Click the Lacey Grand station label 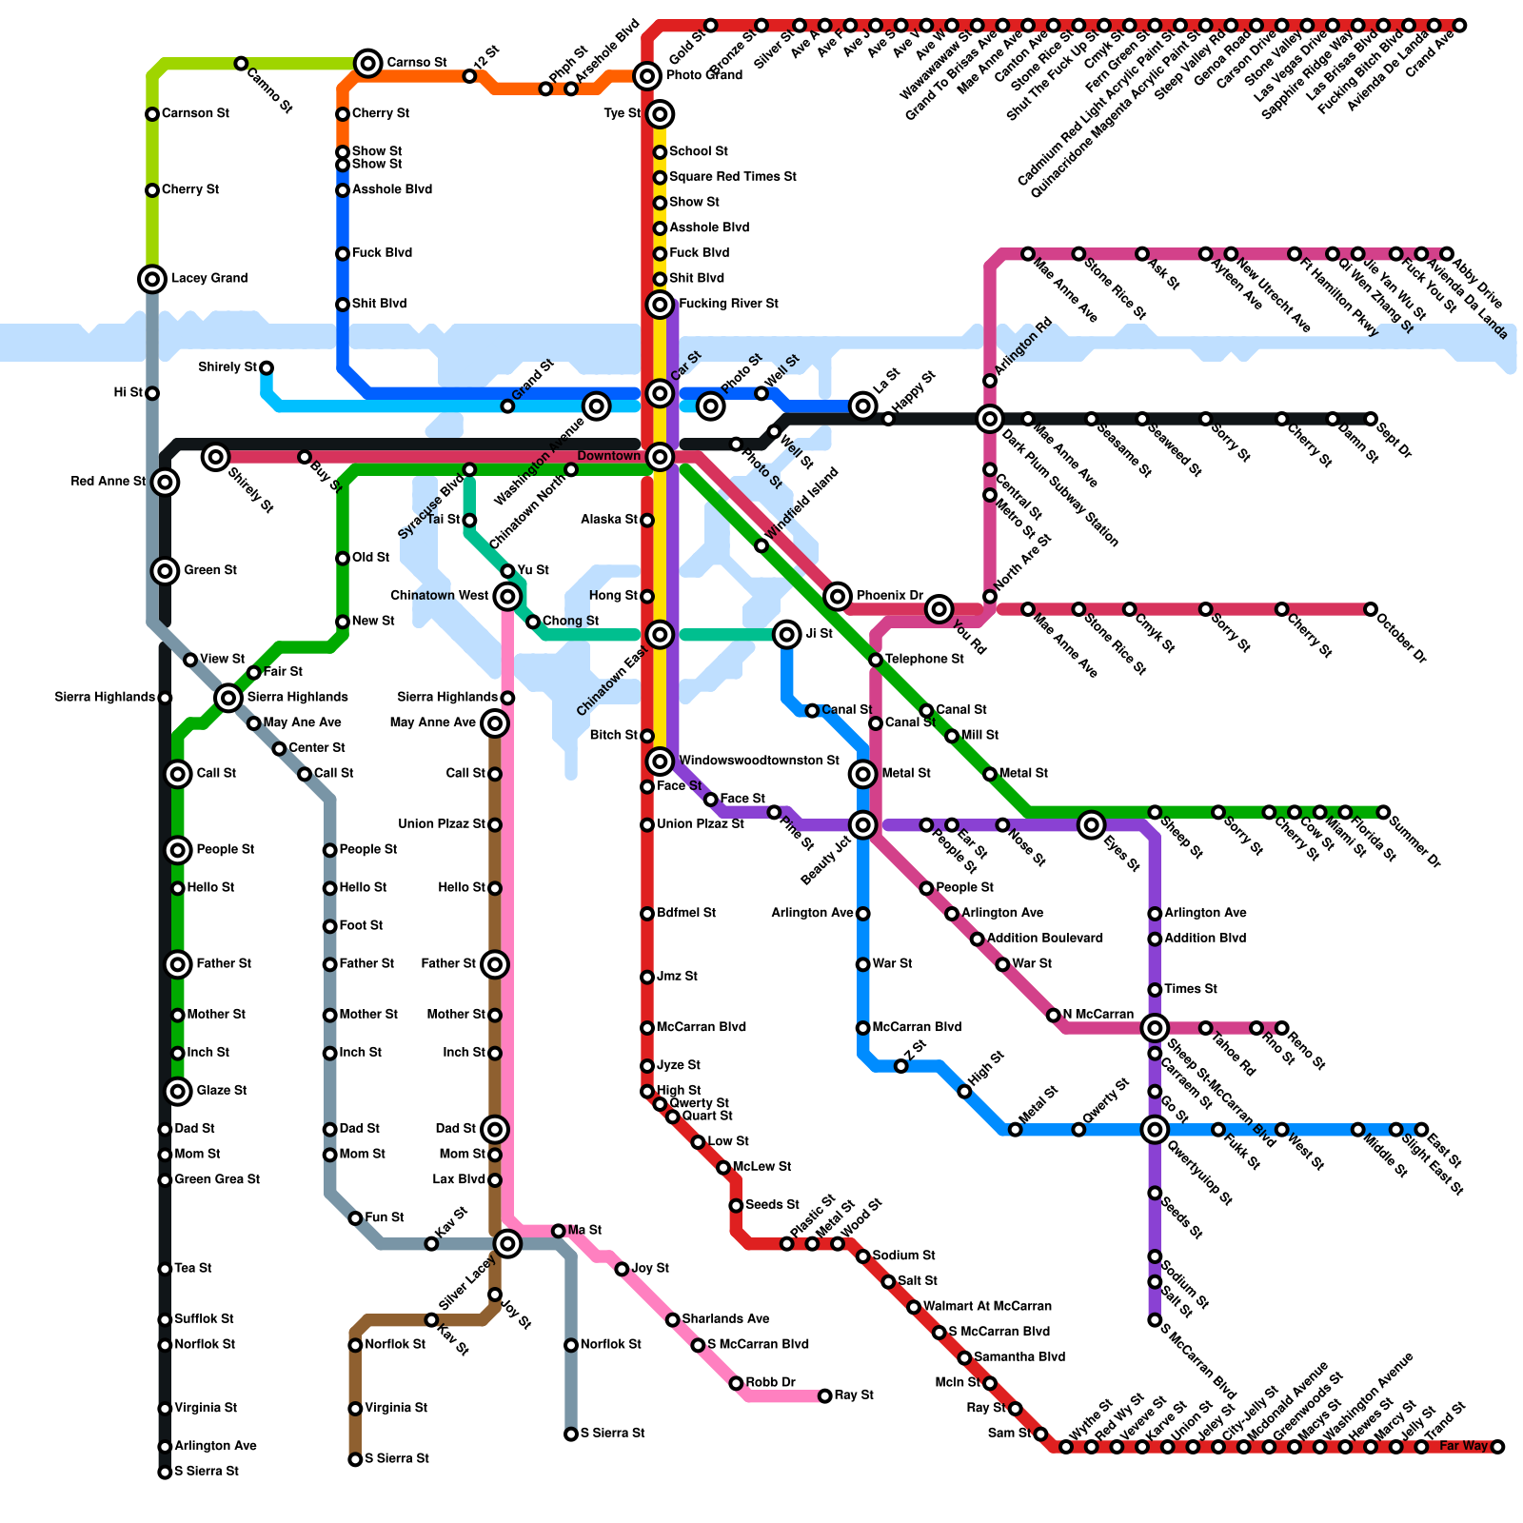(208, 279)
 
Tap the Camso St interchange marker (368, 64)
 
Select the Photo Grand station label (703, 76)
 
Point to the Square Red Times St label (732, 177)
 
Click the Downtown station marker (660, 458)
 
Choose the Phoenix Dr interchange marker (838, 597)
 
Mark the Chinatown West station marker (507, 597)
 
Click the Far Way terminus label (1463, 1447)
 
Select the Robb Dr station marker (736, 1383)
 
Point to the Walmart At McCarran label (987, 1307)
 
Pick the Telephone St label (924, 660)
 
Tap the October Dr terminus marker (1371, 609)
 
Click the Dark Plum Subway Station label (1059, 488)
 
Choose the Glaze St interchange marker (178, 1092)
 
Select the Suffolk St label (204, 1319)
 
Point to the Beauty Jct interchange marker (863, 825)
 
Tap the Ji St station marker (787, 635)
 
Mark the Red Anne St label (109, 482)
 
